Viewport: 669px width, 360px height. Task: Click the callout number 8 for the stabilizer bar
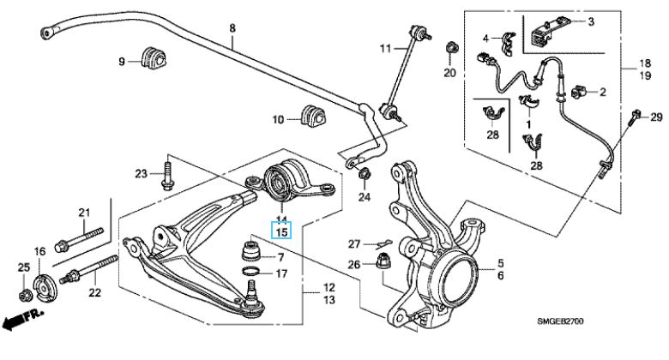pos(232,29)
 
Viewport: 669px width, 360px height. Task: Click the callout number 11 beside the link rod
pos(385,48)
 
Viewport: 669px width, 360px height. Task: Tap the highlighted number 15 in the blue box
pos(281,231)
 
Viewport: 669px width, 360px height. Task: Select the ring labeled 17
pos(250,274)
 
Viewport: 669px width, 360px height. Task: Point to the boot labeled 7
pos(252,254)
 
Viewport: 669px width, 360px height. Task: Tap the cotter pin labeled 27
pos(384,243)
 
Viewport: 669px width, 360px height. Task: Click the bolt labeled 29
pos(636,117)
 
